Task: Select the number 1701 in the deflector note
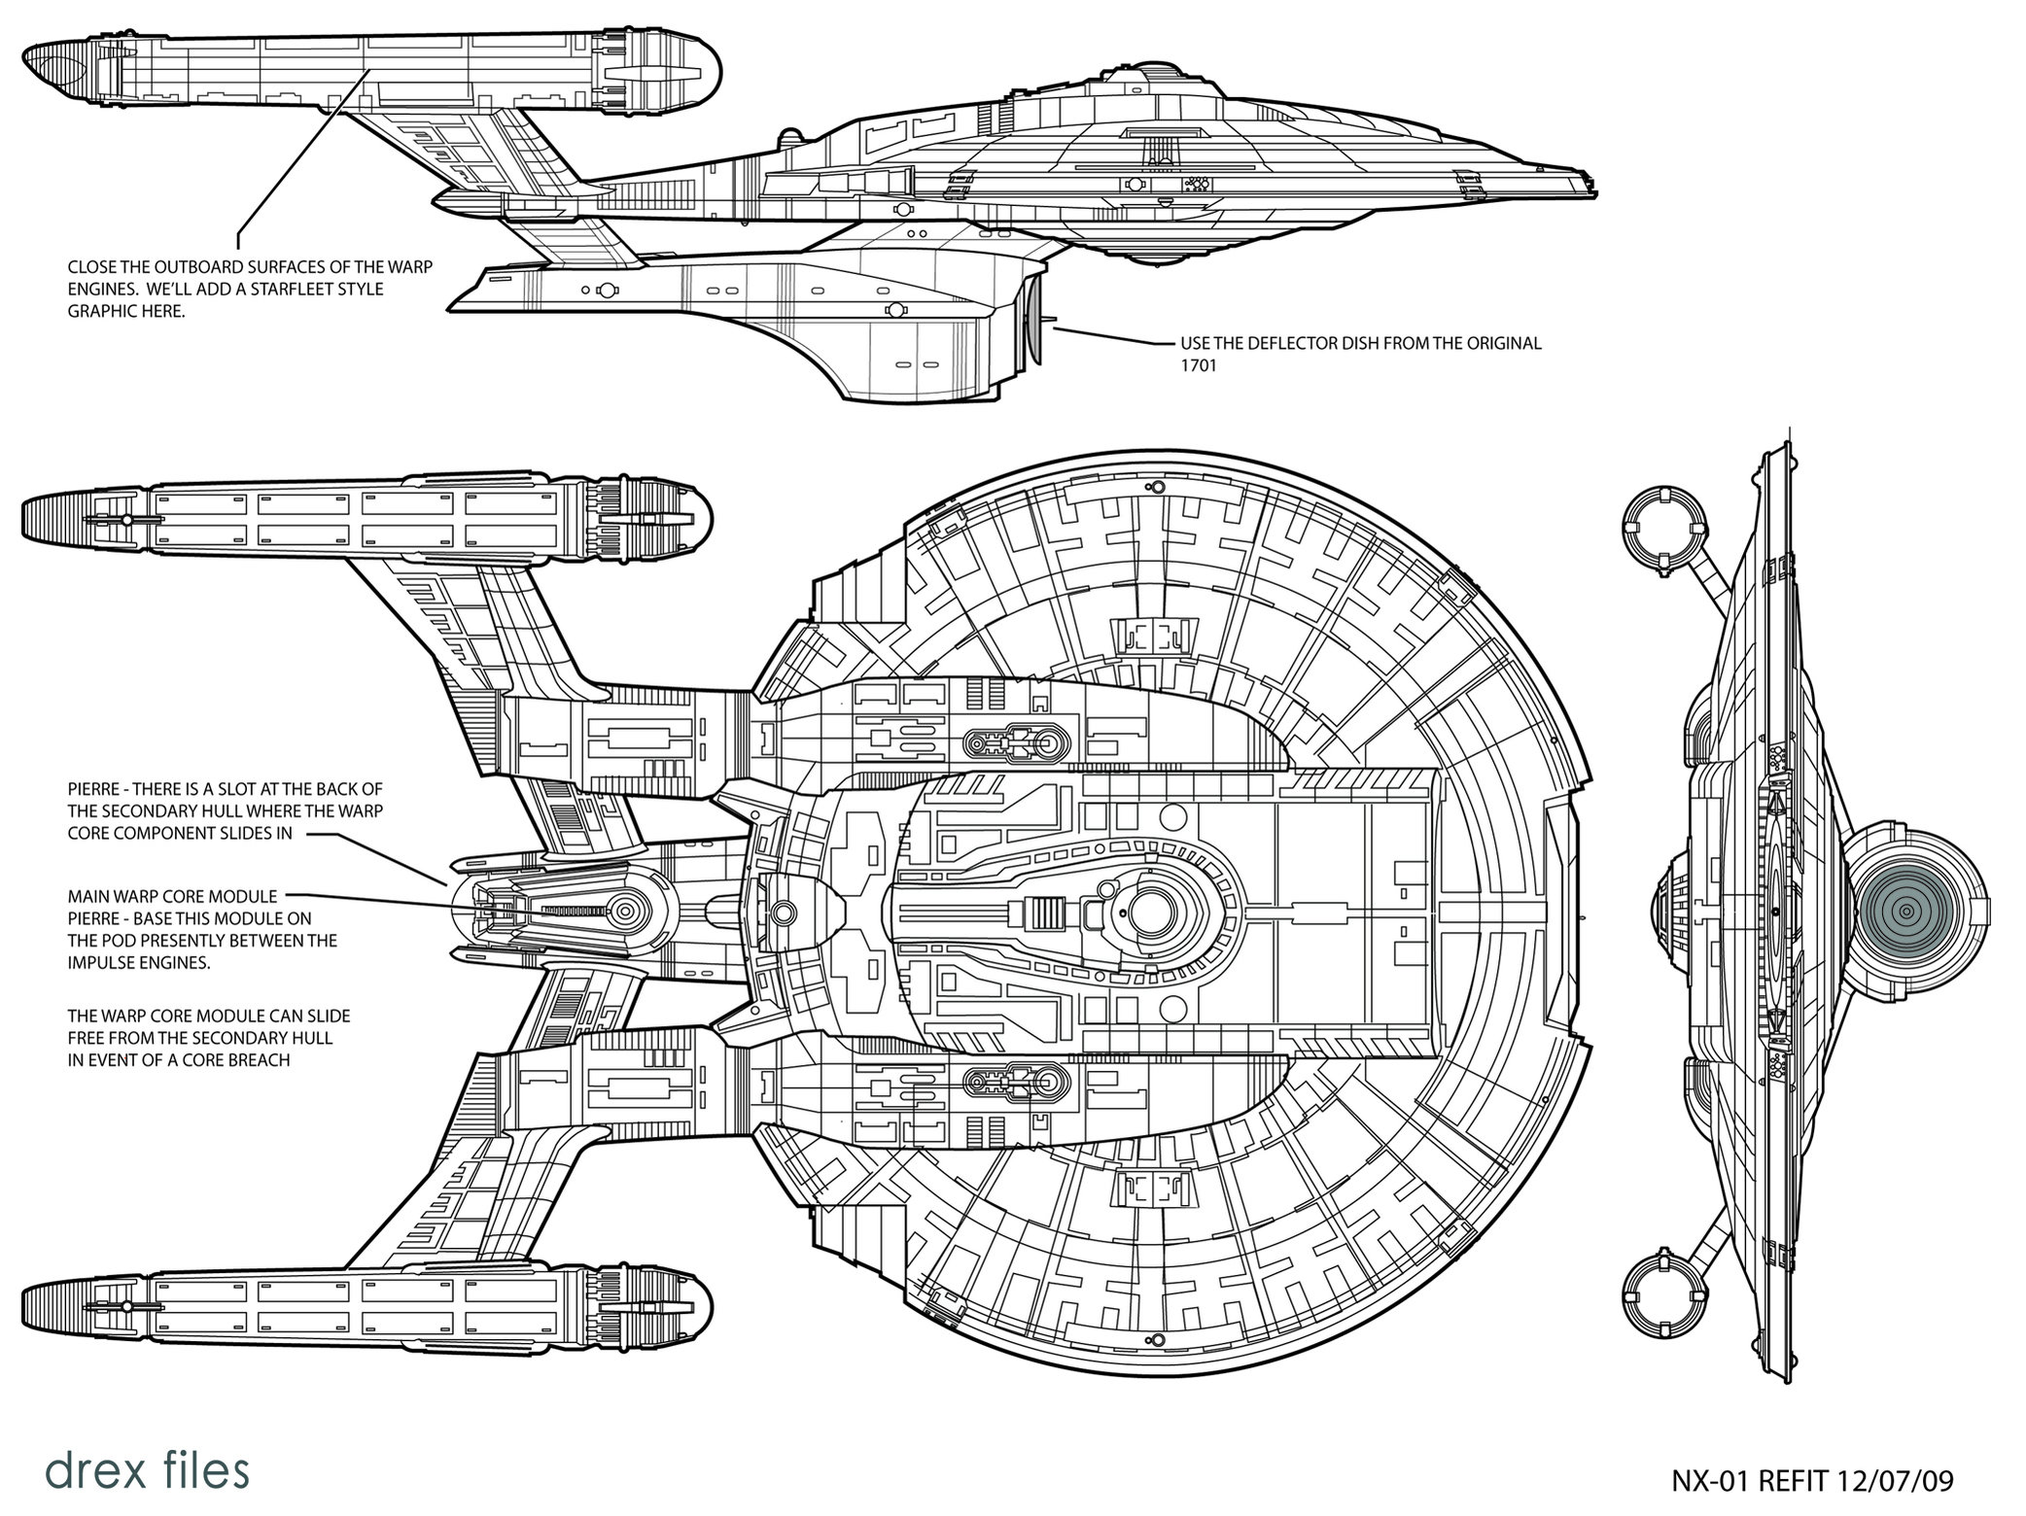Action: (x=1201, y=366)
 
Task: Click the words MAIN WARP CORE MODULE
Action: (x=172, y=896)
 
